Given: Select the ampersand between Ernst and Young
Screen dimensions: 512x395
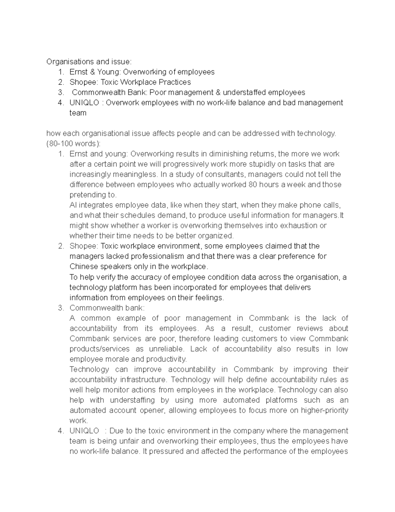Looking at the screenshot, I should tap(92, 72).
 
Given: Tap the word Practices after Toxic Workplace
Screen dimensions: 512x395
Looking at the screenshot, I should tap(175, 82).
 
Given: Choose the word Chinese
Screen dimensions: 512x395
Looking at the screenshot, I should tap(82, 266).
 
